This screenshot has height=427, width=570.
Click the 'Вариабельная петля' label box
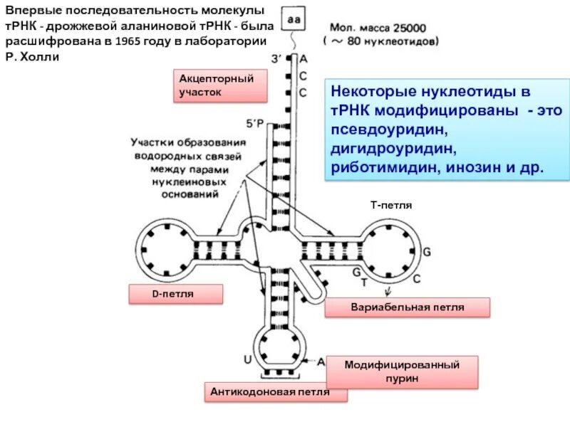tap(408, 307)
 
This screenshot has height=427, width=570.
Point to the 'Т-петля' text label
tap(391, 205)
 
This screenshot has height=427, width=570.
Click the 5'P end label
tap(255, 123)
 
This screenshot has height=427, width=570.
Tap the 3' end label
tap(275, 58)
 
